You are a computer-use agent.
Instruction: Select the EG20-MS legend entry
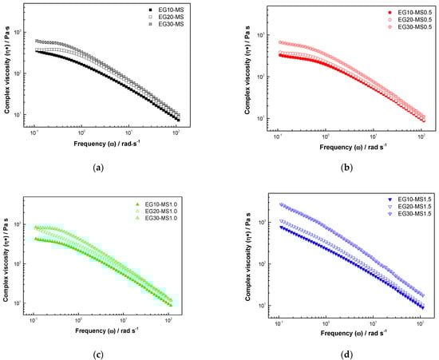(167, 18)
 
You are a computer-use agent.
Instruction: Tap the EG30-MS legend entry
(167, 25)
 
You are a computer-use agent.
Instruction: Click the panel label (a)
(98, 167)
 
